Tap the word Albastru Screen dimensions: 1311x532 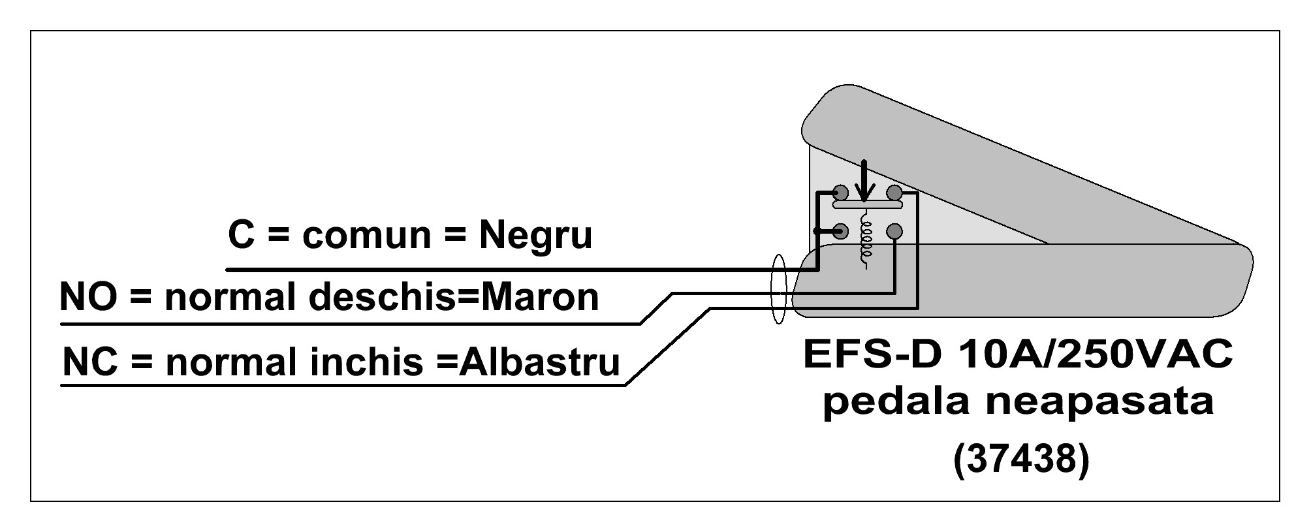click(539, 361)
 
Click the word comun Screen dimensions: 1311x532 click(366, 236)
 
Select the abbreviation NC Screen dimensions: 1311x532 click(91, 361)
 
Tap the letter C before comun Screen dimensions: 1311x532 click(241, 235)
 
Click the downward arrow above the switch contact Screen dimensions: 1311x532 click(865, 180)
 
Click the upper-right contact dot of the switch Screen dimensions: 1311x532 click(894, 193)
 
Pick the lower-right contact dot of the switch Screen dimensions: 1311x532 click(894, 230)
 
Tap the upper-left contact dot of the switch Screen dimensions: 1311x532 click(841, 193)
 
